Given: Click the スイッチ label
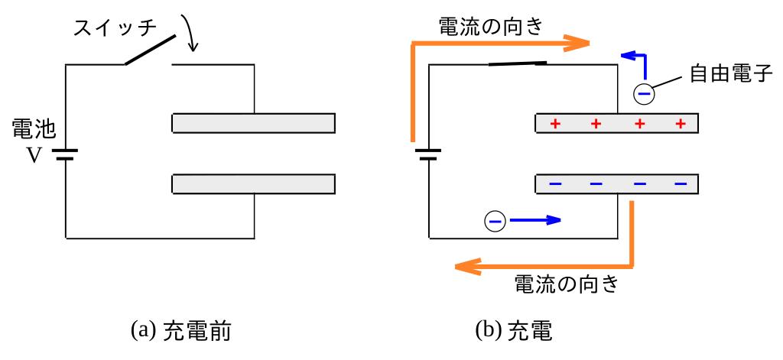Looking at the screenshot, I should point(115,29).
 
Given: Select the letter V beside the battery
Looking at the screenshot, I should point(34,155).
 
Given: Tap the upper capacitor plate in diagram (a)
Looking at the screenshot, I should point(253,122).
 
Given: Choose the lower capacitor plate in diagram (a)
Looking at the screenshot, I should point(253,184).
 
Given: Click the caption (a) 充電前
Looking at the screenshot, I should point(181,331).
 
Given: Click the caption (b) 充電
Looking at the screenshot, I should point(513,331).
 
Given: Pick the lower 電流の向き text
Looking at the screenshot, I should point(565,284).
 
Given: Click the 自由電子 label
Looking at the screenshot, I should point(726,74).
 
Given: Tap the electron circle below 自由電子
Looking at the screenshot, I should point(645,94).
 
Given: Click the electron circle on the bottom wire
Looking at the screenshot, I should point(495,221).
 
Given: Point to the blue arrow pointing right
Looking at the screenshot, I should point(535,221).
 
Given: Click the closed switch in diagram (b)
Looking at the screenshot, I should point(517,63).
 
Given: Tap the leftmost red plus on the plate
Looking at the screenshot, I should point(556,124).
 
